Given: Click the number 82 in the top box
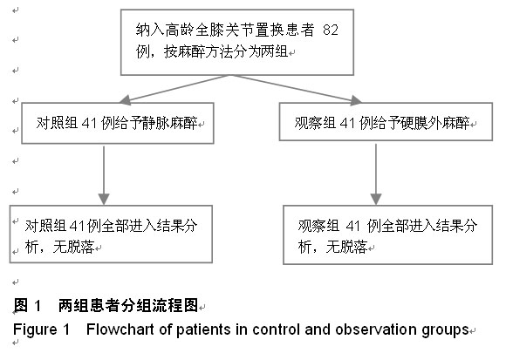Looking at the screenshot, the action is [x=331, y=30].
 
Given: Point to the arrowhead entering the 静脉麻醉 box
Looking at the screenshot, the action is [x=126, y=100].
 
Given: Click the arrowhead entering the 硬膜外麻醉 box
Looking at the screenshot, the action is [x=356, y=100].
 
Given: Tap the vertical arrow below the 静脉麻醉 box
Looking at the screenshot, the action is [x=104, y=175].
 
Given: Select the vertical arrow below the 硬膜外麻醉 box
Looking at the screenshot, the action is [x=376, y=174].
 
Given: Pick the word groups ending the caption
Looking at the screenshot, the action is [x=445, y=330].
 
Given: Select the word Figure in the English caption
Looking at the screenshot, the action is [x=35, y=330].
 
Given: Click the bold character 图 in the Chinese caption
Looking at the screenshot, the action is [x=21, y=305].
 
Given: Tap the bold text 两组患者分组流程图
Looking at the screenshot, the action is [x=128, y=305].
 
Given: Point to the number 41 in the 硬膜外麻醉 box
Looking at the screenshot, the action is [x=347, y=123].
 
